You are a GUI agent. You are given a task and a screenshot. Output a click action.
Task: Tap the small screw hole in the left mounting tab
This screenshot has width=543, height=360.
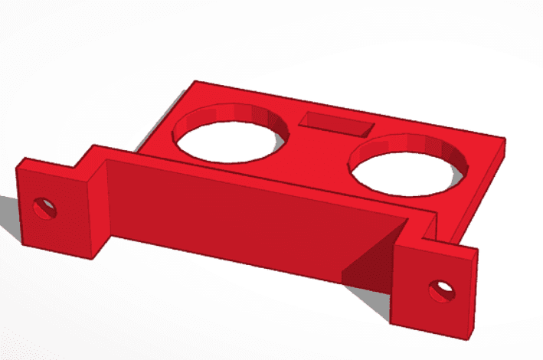coord(44,207)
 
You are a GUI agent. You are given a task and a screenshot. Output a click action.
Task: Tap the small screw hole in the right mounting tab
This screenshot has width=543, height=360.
coord(441,291)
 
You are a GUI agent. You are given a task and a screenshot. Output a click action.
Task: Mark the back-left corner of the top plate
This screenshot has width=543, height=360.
coord(195,80)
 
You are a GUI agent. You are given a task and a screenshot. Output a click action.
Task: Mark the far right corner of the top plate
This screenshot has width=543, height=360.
coord(505,139)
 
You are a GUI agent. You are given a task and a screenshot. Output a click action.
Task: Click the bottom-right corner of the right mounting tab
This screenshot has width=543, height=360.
coord(469,338)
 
